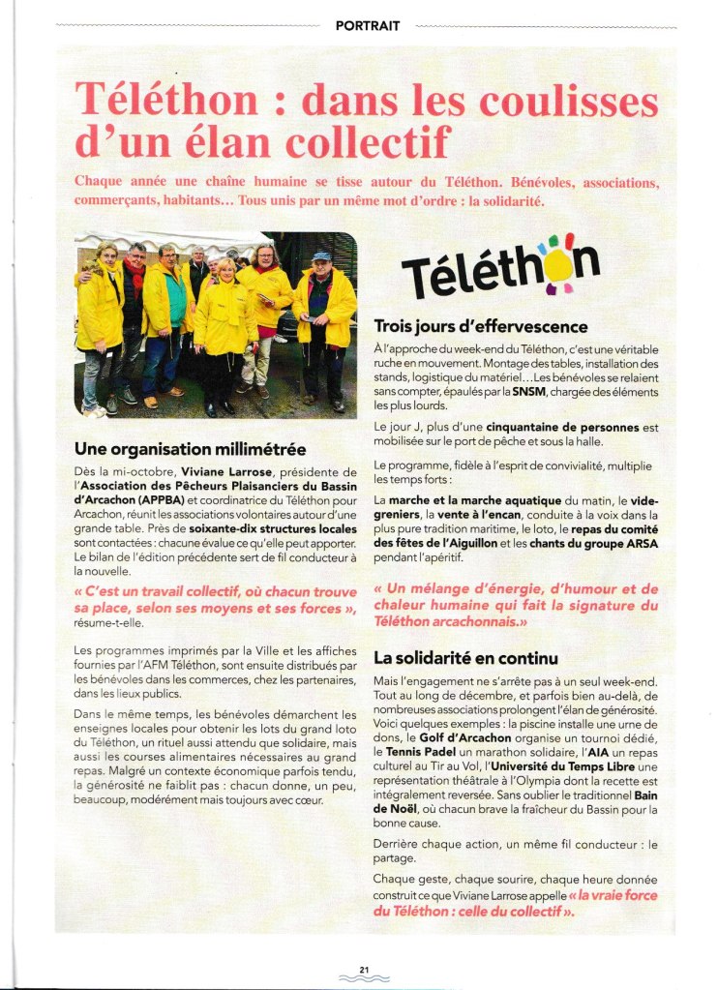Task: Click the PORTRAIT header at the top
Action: click(367, 26)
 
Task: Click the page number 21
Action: click(364, 969)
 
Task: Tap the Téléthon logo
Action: click(500, 269)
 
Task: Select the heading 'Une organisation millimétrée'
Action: click(190, 449)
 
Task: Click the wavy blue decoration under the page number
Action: click(364, 980)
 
